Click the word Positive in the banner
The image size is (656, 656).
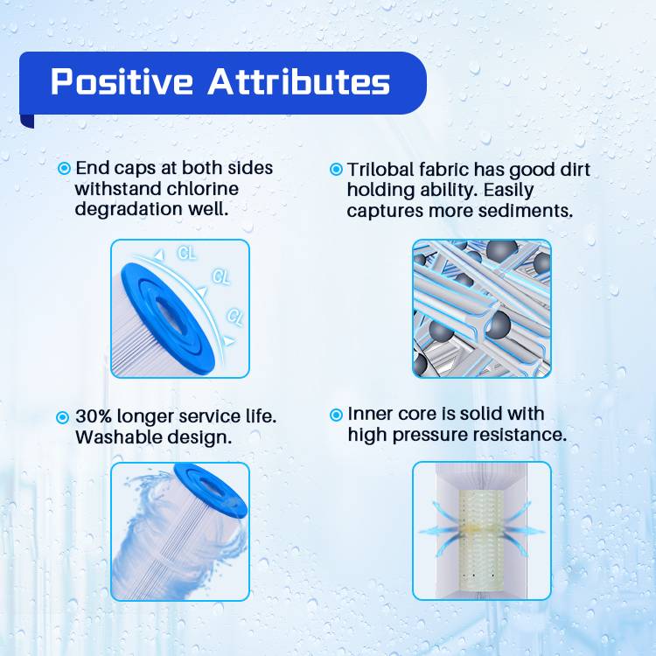(x=122, y=81)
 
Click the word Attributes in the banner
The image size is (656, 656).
(x=299, y=81)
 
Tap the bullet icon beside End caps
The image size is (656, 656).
(x=64, y=168)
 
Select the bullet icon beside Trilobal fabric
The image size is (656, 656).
(x=336, y=169)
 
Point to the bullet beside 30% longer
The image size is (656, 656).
(x=62, y=417)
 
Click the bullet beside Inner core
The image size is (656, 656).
(x=336, y=415)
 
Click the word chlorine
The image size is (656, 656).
(x=203, y=188)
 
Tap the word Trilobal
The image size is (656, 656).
(x=380, y=170)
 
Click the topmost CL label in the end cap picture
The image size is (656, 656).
(x=186, y=253)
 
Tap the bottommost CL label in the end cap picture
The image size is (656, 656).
(x=234, y=317)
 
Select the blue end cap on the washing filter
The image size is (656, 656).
(x=211, y=489)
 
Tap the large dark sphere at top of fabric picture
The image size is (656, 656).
(x=501, y=250)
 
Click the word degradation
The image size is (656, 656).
(x=129, y=209)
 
